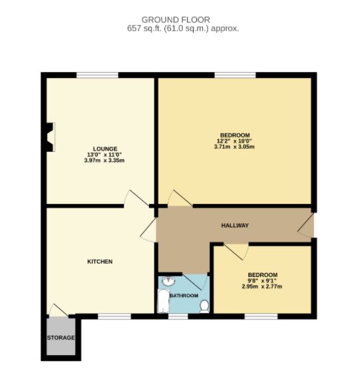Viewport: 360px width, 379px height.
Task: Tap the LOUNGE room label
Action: [x=105, y=149]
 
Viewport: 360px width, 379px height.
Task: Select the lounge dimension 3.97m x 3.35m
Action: [x=105, y=161]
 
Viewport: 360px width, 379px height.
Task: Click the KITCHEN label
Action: [x=100, y=262]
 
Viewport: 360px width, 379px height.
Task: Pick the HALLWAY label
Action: [x=234, y=226]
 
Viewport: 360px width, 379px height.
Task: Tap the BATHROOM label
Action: [x=184, y=295]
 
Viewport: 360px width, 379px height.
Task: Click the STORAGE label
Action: [x=61, y=338]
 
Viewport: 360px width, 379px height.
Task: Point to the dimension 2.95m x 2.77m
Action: [x=262, y=287]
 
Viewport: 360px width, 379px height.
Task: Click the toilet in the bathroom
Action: [x=204, y=306]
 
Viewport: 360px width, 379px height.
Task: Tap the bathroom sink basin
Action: [x=167, y=280]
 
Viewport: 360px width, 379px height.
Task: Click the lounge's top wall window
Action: [x=98, y=75]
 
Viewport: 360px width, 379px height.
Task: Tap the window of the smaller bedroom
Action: [x=261, y=316]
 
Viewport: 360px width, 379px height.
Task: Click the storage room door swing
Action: [x=57, y=310]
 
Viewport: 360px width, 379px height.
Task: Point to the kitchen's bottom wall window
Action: [x=115, y=316]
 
